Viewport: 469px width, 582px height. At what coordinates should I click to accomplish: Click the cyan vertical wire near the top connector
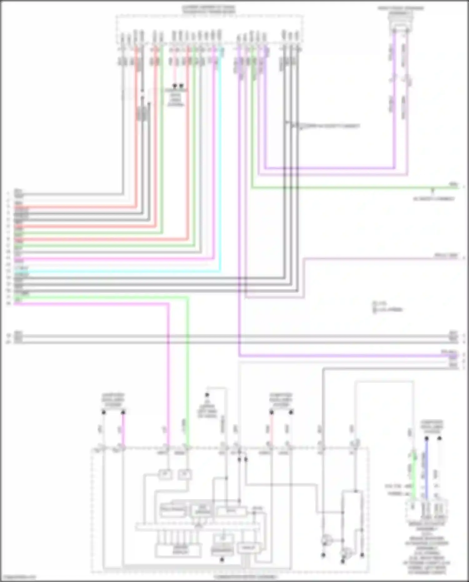point(220,156)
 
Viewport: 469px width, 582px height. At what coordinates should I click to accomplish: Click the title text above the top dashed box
point(209,9)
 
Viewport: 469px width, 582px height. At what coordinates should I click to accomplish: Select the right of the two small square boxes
point(184,475)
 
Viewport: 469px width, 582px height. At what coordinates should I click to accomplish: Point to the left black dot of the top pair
point(175,85)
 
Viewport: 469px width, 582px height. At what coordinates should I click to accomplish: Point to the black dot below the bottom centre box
point(222,559)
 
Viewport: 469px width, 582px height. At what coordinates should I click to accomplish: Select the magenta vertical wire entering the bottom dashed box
point(168,375)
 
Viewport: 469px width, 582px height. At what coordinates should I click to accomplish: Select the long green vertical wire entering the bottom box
point(188,375)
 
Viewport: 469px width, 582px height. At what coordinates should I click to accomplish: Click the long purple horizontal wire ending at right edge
point(344,356)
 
